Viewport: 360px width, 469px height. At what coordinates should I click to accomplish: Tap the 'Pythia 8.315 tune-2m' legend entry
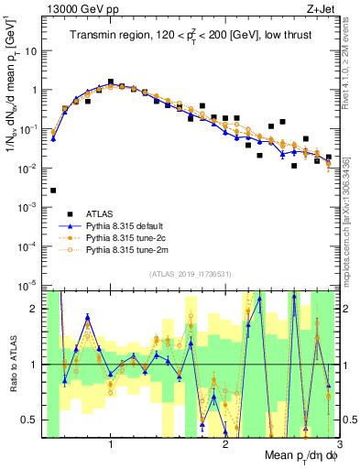click(124, 248)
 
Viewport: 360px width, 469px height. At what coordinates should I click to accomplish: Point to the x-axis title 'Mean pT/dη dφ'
click(294, 455)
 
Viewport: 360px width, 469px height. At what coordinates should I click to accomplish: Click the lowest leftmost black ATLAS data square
click(53, 191)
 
